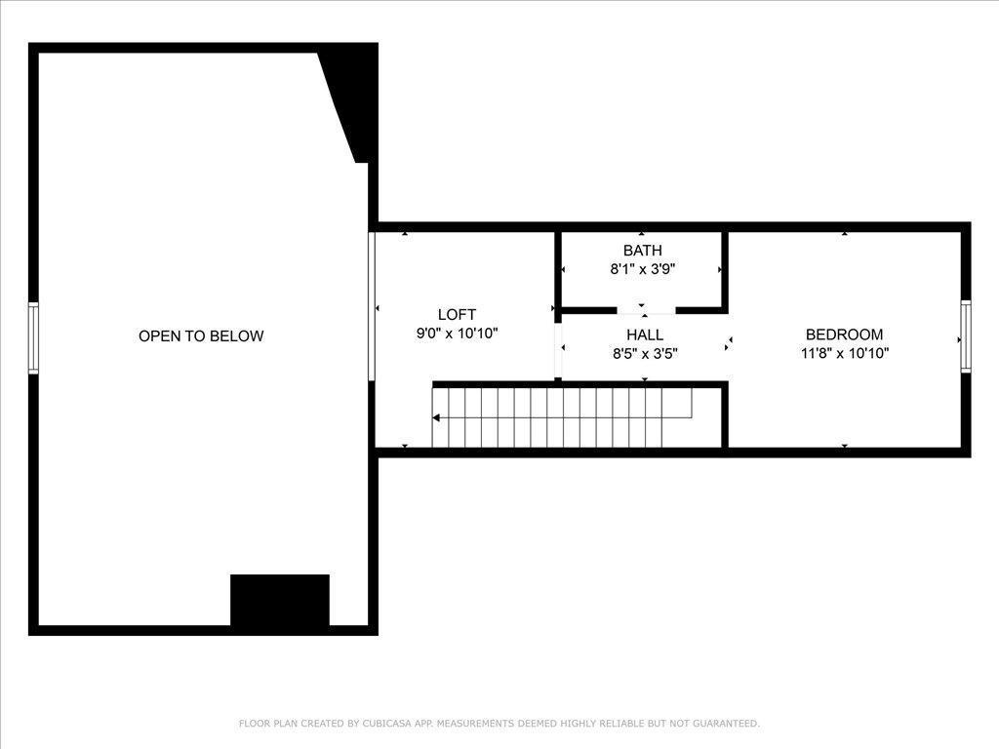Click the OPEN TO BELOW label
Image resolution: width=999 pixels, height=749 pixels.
(201, 336)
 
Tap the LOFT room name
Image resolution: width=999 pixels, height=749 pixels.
(457, 314)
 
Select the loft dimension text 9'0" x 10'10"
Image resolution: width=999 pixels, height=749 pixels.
(457, 334)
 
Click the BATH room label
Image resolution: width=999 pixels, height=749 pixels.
(642, 251)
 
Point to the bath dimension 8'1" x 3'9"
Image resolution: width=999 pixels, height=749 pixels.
(642, 269)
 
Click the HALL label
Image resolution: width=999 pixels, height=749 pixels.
(645, 335)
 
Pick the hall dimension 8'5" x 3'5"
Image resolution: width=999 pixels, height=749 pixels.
(645, 354)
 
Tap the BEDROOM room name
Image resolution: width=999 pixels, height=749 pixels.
(844, 335)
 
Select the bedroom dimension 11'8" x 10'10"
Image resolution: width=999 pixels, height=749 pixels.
(844, 354)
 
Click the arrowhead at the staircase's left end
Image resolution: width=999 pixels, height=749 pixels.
(436, 417)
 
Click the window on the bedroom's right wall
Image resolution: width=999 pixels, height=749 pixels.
(966, 336)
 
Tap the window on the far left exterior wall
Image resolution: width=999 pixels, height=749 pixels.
(33, 337)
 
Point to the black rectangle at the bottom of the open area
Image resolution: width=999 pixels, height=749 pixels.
(280, 600)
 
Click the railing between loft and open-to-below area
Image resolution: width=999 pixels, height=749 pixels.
(372, 305)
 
